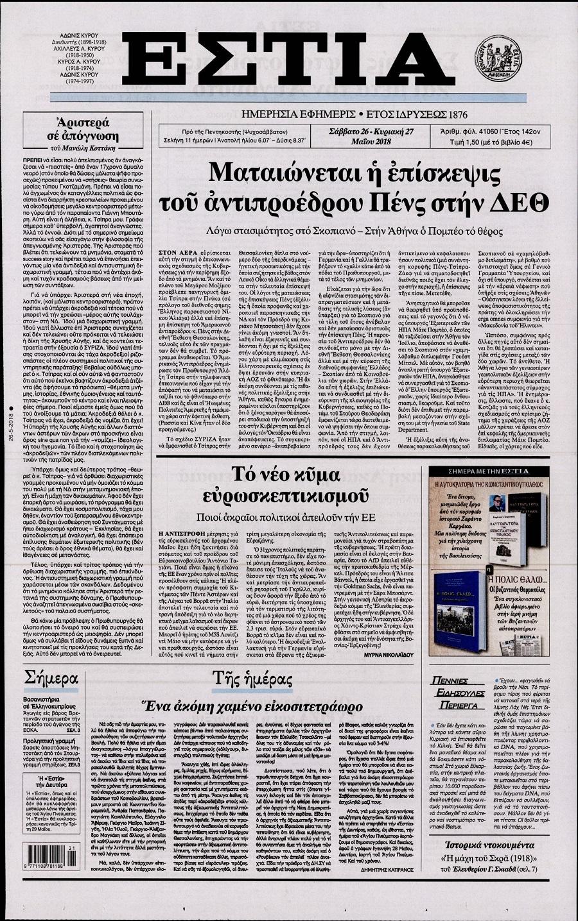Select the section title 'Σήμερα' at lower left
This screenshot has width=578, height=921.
tap(50, 679)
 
